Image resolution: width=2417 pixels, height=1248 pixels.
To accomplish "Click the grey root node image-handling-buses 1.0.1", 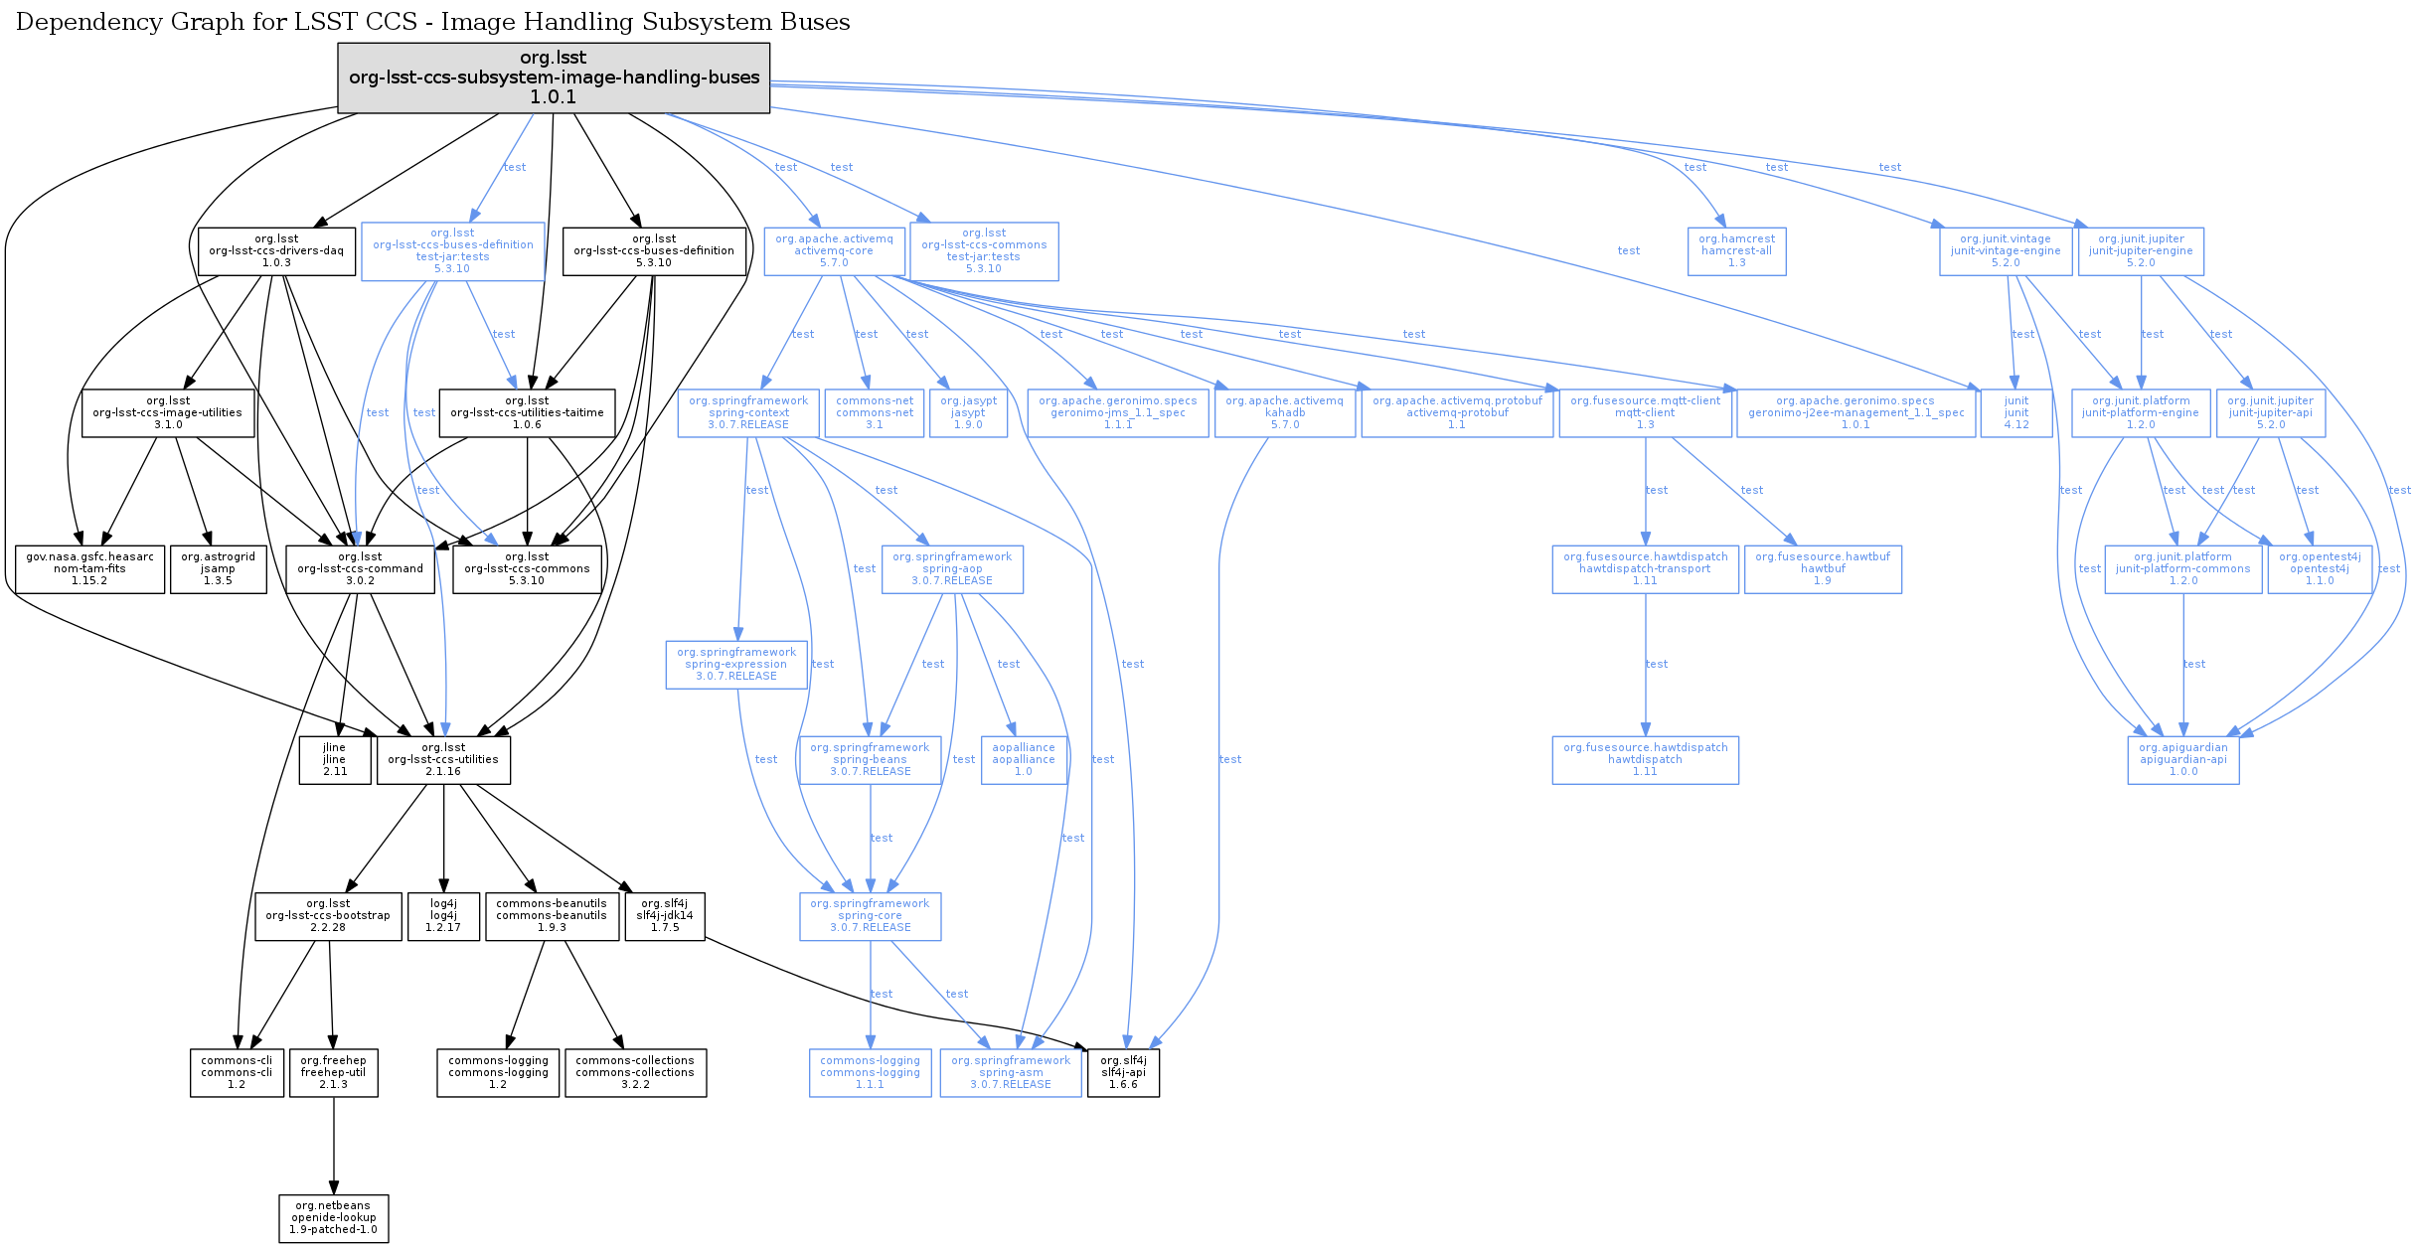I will click(x=554, y=78).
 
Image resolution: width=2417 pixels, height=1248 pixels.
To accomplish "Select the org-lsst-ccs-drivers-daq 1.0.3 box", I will click(x=276, y=251).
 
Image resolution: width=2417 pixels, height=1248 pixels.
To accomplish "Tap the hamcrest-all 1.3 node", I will click(x=1736, y=251).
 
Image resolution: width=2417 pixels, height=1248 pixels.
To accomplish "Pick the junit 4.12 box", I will click(x=2016, y=413).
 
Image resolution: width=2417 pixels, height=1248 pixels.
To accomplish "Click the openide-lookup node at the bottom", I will click(x=333, y=1218).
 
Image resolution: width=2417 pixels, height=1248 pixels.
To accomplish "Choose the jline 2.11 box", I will click(x=335, y=760).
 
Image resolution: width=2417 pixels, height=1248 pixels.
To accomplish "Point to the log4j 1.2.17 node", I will click(x=443, y=916).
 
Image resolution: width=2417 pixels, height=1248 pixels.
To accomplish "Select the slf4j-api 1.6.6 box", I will click(x=1123, y=1073).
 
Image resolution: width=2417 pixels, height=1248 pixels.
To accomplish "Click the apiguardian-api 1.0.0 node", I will click(x=2183, y=760).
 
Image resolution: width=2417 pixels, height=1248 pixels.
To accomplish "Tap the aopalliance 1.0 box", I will click(x=1024, y=760).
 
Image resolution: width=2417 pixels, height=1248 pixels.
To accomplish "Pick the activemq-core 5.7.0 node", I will click(x=834, y=251).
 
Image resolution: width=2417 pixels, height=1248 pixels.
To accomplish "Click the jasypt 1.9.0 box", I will click(x=968, y=413).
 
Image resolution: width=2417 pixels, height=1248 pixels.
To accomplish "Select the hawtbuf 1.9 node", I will click(x=1823, y=569).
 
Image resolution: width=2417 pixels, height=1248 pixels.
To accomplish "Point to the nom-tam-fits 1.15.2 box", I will click(x=89, y=569).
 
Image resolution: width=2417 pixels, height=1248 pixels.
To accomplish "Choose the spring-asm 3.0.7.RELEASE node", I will click(x=1011, y=1073).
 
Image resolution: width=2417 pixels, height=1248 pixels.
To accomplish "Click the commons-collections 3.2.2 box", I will click(x=635, y=1073).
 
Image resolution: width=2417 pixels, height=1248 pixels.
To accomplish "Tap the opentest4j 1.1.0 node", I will click(x=2320, y=569).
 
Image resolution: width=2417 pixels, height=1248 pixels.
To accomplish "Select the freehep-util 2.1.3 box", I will click(x=333, y=1073).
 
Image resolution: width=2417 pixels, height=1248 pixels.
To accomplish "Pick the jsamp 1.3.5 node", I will click(x=218, y=569).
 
